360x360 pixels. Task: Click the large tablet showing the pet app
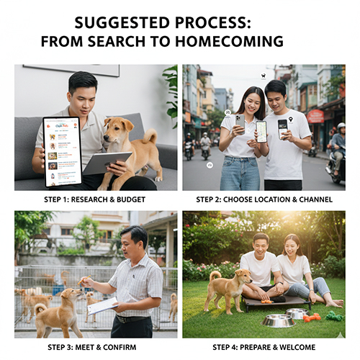[62, 152]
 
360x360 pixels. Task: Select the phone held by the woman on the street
[240, 120]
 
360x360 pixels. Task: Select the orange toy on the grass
[310, 318]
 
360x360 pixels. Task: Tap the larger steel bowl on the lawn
[278, 320]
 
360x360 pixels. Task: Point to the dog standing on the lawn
[228, 290]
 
